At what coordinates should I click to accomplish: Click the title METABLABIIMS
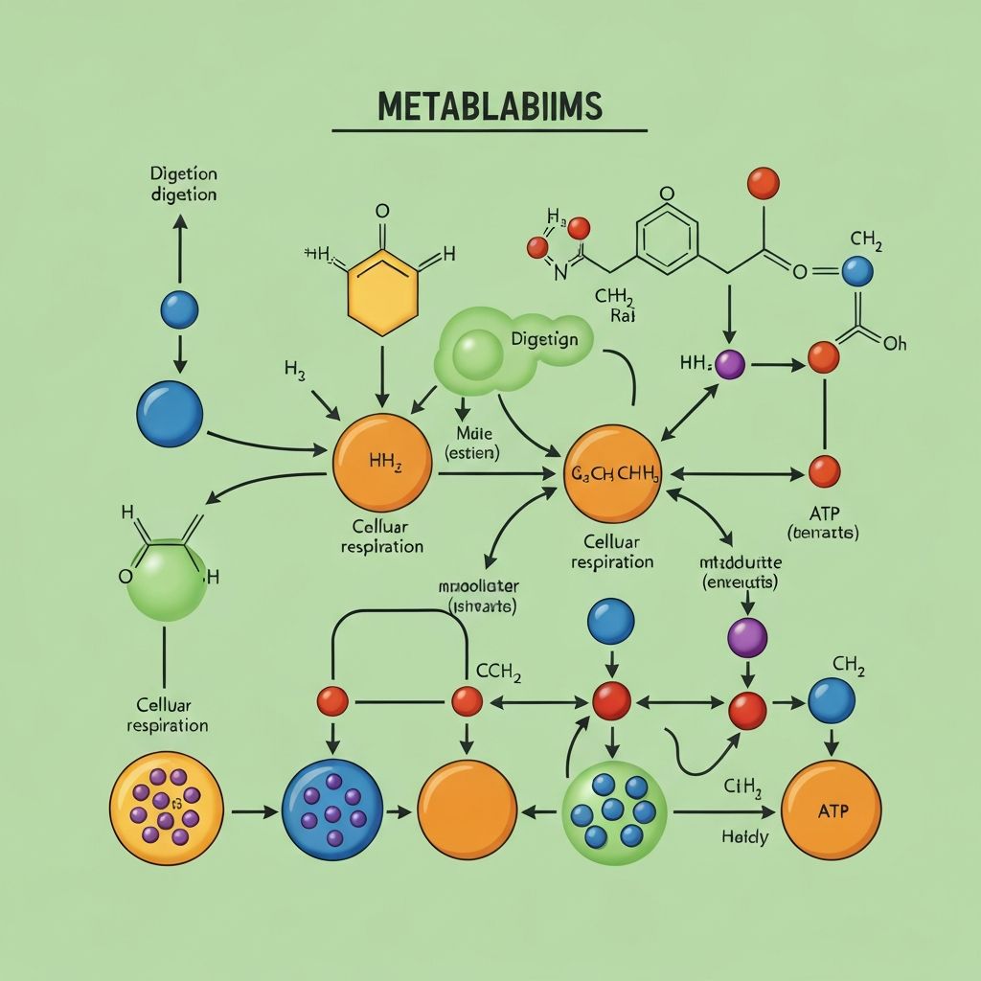click(x=490, y=106)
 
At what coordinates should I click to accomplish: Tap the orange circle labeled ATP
click(x=831, y=810)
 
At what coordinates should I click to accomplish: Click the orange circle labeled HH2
click(x=382, y=463)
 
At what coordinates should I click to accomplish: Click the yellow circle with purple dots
click(x=167, y=808)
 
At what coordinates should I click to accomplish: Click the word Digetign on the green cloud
click(x=544, y=339)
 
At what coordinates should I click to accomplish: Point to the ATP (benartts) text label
click(x=822, y=522)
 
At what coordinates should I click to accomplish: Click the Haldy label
click(x=744, y=837)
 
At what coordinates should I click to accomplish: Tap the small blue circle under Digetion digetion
click(x=179, y=309)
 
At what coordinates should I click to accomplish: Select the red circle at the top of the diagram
click(x=763, y=182)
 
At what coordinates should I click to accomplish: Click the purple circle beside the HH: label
click(x=730, y=364)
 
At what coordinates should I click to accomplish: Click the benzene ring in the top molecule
click(x=668, y=236)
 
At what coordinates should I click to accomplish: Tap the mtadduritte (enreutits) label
click(x=741, y=571)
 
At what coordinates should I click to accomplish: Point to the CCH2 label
click(x=498, y=674)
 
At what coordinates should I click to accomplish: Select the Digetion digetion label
click(x=183, y=184)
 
